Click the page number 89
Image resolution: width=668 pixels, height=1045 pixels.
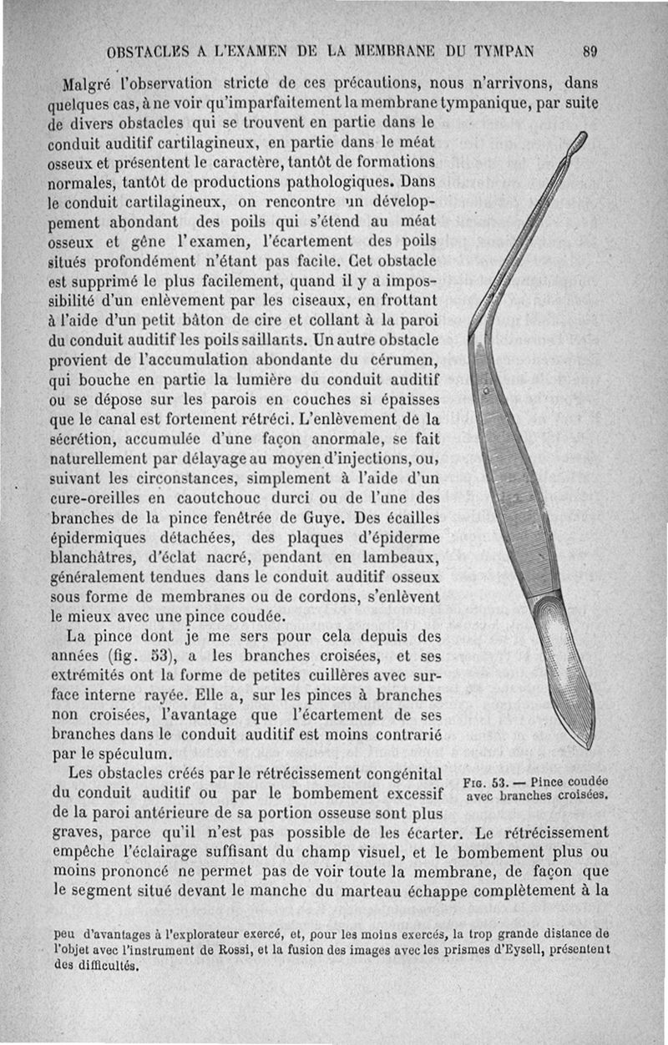click(590, 51)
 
